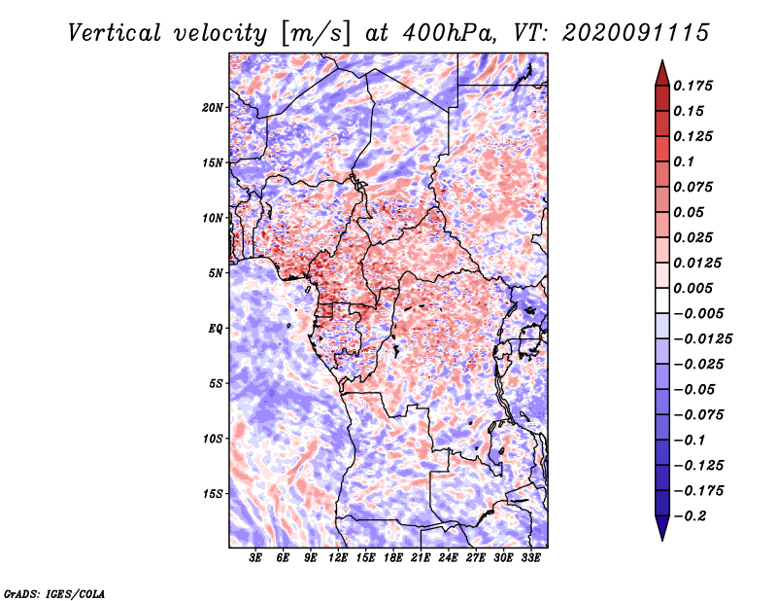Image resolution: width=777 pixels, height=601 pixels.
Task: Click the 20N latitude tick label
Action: (213, 107)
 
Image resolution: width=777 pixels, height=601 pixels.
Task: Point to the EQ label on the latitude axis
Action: (216, 329)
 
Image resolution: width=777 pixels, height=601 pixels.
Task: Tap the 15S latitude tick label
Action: (213, 494)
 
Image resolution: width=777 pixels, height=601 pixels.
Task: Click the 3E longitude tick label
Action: (255, 559)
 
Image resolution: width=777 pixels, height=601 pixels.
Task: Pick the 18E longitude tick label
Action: (392, 559)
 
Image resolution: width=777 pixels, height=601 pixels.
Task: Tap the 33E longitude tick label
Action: (530, 559)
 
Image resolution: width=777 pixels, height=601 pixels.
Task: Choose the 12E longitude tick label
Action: (338, 559)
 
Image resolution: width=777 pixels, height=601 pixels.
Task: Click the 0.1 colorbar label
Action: (685, 161)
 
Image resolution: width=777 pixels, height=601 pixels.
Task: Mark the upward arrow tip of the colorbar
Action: (661, 64)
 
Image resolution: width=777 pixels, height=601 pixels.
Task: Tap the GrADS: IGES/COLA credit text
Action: (53, 592)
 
